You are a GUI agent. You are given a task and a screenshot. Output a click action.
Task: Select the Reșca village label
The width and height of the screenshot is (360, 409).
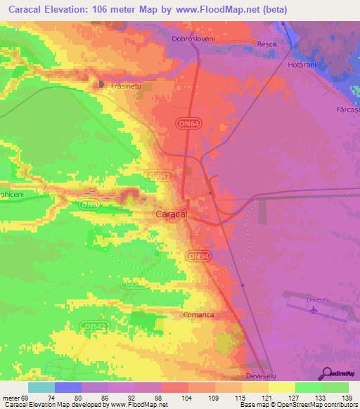coord(266,44)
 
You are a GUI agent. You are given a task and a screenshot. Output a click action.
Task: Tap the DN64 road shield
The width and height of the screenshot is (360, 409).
coord(185,122)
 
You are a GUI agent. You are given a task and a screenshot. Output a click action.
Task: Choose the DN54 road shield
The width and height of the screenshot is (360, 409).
coord(196,258)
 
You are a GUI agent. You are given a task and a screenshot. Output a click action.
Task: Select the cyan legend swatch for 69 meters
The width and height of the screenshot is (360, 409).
coord(41,387)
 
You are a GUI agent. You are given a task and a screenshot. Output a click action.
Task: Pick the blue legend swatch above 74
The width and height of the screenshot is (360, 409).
coord(68,387)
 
